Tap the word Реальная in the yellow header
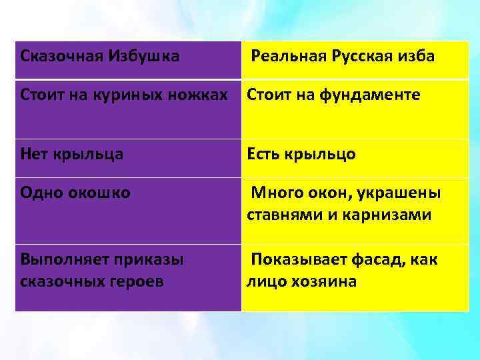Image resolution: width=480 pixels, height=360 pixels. (287, 56)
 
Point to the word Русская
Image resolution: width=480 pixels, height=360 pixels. (360, 56)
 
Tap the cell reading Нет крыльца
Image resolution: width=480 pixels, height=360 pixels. (71, 155)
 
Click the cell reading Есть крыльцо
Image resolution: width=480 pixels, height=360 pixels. (301, 155)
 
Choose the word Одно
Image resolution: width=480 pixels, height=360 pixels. (42, 193)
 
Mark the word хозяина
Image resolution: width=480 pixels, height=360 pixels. (323, 281)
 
